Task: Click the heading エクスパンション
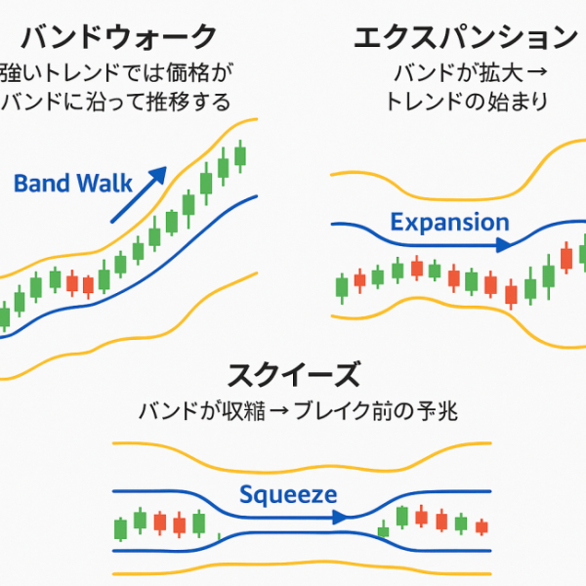coord(466,39)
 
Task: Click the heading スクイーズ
coord(293,374)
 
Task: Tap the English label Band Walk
coord(61,183)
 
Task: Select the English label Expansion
coord(449,222)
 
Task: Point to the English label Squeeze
coord(288,495)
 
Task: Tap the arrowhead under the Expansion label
coord(502,245)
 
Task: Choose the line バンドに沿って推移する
coord(116,101)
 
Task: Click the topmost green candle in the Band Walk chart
coord(240,154)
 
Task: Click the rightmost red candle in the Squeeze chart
coord(481,526)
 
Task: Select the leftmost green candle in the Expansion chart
coord(342,287)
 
